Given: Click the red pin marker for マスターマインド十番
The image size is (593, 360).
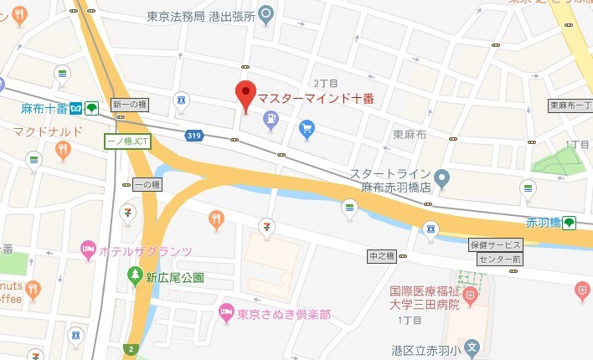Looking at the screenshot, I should tap(245, 95).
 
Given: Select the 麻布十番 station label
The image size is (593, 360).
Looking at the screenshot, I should tap(44, 108).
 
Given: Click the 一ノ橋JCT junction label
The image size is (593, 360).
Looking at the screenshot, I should tap(126, 141).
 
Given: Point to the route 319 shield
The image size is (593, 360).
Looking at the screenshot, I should tap(195, 134).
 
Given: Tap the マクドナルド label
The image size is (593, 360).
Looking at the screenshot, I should tap(48, 131).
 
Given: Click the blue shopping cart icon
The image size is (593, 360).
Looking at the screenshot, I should tap(307, 129).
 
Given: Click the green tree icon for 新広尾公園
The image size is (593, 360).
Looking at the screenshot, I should tap(134, 275).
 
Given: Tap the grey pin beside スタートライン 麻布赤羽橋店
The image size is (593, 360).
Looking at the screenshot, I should tap(442, 177).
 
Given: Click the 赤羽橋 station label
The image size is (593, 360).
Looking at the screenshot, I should tap(542, 223).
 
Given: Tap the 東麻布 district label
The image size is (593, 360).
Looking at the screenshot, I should tap(411, 135).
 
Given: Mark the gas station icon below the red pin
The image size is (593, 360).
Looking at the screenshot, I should tap(271, 122).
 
